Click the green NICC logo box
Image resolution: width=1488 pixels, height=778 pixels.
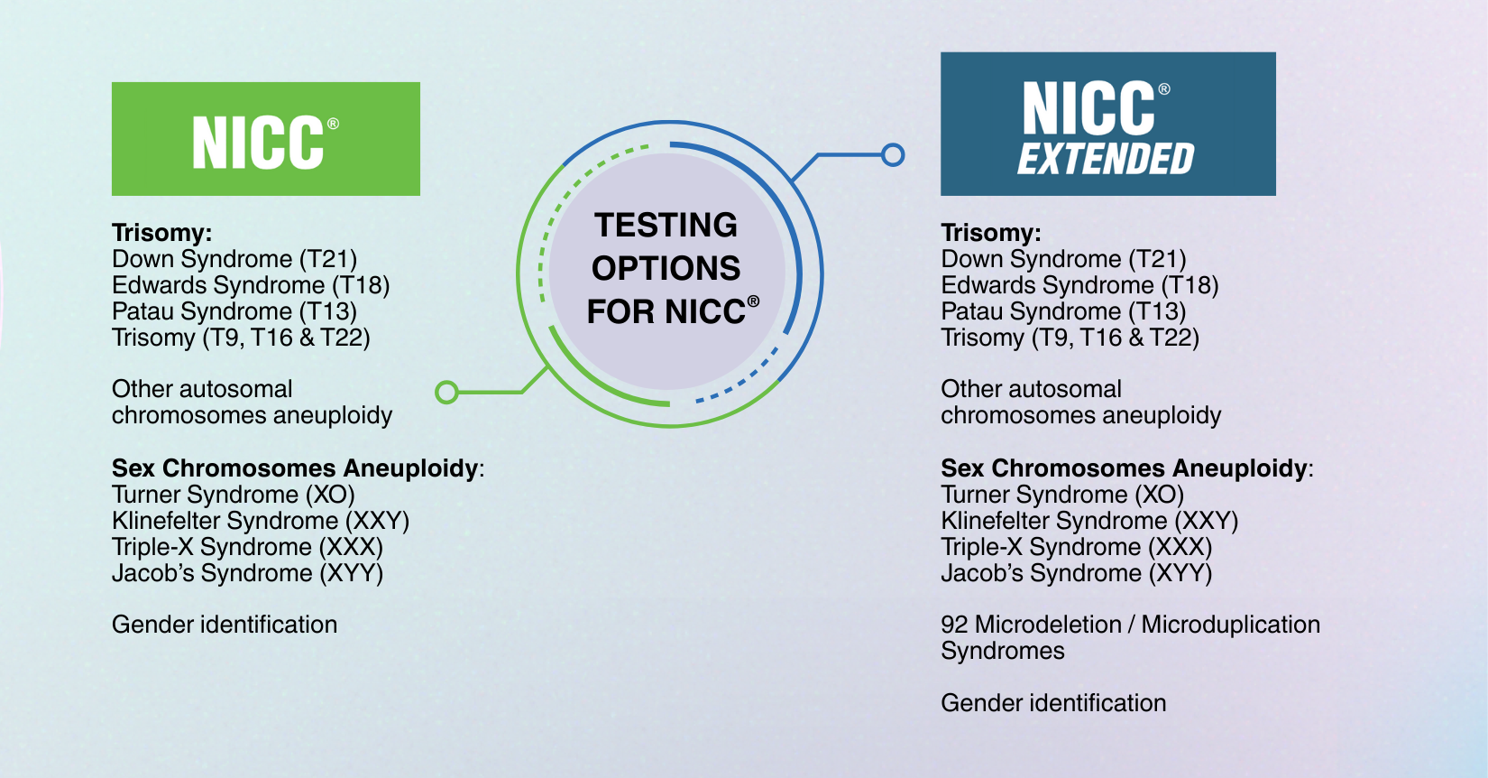[x=266, y=139]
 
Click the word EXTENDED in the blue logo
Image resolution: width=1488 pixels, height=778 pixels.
[x=1106, y=159]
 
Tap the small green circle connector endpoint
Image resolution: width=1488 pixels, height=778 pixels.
[x=447, y=393]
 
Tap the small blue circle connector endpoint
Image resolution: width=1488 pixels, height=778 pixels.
[x=893, y=155]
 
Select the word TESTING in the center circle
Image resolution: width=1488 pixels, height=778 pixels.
[x=666, y=225]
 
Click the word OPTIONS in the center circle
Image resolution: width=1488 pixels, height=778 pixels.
[x=666, y=268]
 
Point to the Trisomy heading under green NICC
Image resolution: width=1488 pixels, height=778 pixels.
[x=162, y=234]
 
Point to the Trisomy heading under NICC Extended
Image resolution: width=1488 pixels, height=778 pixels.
[x=991, y=234]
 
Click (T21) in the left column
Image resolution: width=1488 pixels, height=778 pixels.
[x=328, y=259]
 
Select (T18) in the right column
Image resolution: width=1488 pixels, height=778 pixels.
[x=1189, y=285]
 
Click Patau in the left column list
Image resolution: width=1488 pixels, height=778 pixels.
[x=142, y=311]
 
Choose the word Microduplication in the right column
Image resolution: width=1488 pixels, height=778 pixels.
[x=1231, y=625]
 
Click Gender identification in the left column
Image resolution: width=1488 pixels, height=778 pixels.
[x=225, y=625]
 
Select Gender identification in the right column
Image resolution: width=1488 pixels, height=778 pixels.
[x=1053, y=703]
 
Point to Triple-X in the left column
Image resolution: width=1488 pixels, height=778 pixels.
[x=152, y=547]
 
